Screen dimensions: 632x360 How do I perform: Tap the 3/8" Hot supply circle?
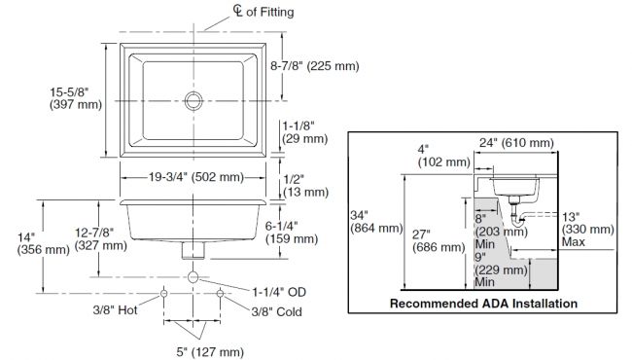coord(164,293)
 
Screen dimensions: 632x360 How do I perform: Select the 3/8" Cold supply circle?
coord(220,293)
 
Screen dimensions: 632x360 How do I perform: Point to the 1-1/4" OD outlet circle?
coord(193,277)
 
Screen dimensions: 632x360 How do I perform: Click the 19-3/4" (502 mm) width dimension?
coord(196,177)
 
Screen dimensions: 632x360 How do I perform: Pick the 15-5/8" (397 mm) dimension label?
coord(76,98)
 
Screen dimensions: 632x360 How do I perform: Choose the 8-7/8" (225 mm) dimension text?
coord(314,66)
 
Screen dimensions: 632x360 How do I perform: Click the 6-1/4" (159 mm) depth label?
coord(292,233)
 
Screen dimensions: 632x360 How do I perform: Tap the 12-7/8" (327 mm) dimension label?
coord(101,239)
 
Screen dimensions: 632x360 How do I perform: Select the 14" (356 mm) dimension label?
coord(43,243)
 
